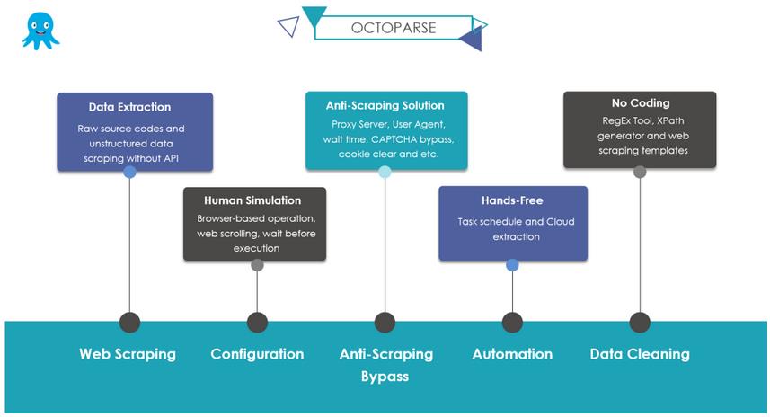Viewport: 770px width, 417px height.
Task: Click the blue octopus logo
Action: click(40, 31)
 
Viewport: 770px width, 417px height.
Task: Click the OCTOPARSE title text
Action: click(394, 28)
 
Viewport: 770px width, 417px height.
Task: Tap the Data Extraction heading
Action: click(129, 107)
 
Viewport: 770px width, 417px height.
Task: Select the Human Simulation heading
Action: click(252, 200)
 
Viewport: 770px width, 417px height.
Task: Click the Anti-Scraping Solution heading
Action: click(385, 106)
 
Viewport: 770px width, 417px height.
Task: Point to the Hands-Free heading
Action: click(512, 200)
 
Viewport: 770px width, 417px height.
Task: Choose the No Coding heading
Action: click(641, 103)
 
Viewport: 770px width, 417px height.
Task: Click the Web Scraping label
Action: click(128, 354)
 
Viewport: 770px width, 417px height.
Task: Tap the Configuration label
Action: click(257, 354)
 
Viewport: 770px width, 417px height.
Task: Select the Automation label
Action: click(512, 354)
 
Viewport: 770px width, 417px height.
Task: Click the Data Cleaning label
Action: click(640, 354)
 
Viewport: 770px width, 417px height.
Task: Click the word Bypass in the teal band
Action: click(385, 377)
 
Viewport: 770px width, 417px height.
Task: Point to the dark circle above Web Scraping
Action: click(129, 323)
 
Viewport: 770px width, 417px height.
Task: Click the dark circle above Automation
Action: click(512, 323)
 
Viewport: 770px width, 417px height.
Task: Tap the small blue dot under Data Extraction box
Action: click(129, 172)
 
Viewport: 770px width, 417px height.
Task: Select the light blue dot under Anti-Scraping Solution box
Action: click(385, 172)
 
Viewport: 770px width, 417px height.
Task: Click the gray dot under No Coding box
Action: click(640, 172)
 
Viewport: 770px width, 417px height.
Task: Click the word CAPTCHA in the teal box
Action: click(391, 139)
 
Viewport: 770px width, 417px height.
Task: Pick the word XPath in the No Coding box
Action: click(670, 120)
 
